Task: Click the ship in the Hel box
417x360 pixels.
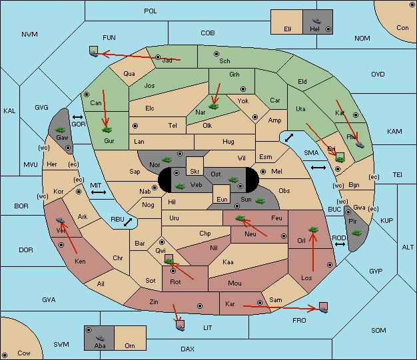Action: pos(316,21)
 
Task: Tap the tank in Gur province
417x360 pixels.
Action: pos(107,130)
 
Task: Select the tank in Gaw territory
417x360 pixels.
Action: pos(61,130)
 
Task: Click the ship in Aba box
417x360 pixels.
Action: pos(100,337)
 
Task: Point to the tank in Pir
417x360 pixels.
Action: pos(356,233)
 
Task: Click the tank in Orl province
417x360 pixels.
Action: pos(313,230)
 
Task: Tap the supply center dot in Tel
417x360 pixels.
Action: pos(135,125)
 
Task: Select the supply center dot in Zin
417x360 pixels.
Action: pos(200,306)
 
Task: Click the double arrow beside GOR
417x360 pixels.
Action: pos(77,117)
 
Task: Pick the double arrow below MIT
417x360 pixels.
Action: pos(99,192)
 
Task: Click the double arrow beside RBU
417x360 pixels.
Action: pos(128,222)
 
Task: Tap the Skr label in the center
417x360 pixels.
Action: pos(195,172)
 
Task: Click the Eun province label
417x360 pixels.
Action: pos(222,199)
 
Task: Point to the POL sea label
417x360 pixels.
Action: pos(151,11)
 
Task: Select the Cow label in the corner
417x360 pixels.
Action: pos(24,353)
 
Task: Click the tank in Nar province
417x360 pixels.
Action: pos(214,106)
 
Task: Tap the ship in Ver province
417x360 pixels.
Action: pos(61,220)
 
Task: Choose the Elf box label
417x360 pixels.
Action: pos(288,29)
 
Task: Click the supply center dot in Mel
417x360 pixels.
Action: pos(263,172)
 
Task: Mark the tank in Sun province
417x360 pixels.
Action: pos(260,201)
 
